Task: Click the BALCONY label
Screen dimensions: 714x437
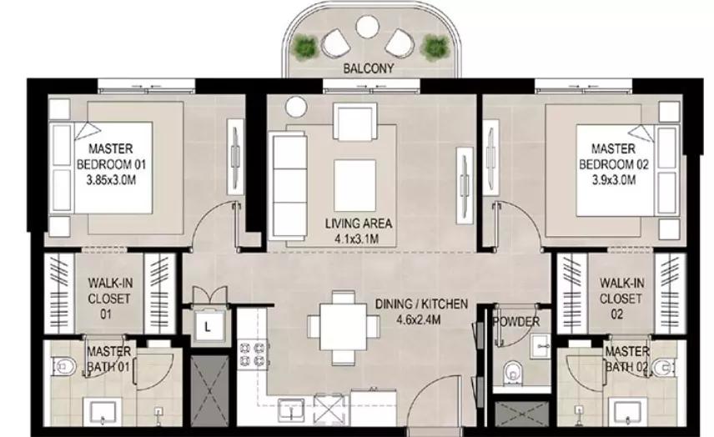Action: (368, 68)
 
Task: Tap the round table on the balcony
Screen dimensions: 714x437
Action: (368, 27)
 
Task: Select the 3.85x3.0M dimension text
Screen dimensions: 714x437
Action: (111, 180)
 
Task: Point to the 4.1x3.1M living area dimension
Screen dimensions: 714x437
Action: (359, 239)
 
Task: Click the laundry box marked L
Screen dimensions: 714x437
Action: (208, 326)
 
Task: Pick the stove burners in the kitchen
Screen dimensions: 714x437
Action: (252, 355)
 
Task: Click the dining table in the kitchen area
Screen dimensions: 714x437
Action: (343, 327)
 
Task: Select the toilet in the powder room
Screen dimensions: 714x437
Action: (514, 372)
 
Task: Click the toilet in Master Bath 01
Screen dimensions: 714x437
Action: (64, 366)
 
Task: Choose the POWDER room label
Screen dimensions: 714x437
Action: (516, 322)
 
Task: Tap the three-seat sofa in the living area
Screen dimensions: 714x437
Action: (289, 186)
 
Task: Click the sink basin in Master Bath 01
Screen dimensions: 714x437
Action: (103, 412)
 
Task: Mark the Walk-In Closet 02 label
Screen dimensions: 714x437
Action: (621, 299)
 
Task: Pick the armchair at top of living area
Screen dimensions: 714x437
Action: (355, 121)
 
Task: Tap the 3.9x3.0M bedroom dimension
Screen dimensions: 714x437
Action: (614, 180)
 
